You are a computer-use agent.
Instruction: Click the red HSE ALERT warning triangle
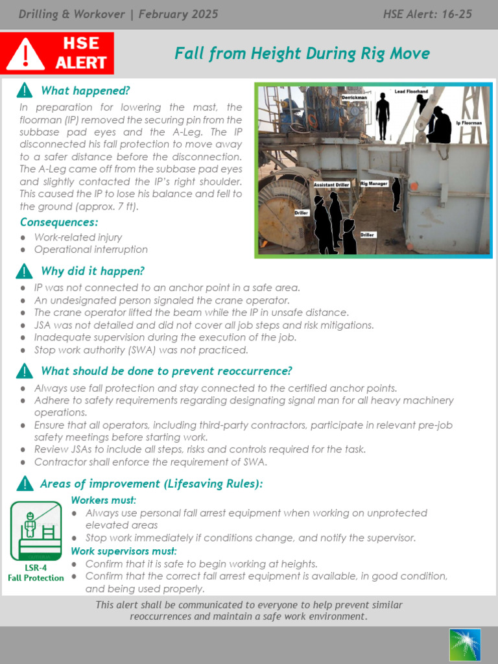[x=25, y=54]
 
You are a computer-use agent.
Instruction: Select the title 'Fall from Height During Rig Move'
[x=302, y=53]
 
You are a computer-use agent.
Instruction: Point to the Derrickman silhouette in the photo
[x=383, y=115]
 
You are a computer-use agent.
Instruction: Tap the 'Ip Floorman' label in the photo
[x=471, y=123]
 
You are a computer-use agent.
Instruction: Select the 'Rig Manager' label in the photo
[x=374, y=184]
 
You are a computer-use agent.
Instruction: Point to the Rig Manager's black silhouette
[x=396, y=194]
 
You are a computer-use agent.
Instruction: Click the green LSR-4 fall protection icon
[x=36, y=531]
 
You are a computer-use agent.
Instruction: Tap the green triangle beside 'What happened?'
[x=24, y=90]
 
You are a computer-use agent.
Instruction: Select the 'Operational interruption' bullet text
[x=91, y=250]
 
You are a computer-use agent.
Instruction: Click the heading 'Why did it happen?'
[x=92, y=271]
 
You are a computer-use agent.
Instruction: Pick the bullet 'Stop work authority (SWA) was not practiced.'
[x=141, y=350]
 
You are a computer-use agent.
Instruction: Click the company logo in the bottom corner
[x=464, y=645]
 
